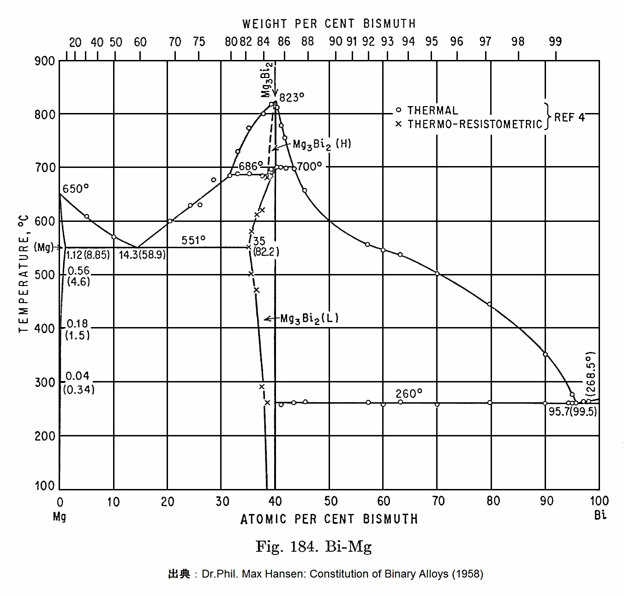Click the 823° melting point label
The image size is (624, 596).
pos(292,97)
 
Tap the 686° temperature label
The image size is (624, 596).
pos(251,166)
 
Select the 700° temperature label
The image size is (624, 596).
pos(309,166)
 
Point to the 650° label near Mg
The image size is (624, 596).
pos(76,189)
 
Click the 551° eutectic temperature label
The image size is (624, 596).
pos(193,240)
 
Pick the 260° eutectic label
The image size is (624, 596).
pos(409,394)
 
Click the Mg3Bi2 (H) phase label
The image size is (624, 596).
pos(322,144)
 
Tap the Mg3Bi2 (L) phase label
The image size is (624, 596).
pos(309,318)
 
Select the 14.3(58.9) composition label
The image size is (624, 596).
pos(142,255)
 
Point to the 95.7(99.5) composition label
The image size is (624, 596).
pos(572,411)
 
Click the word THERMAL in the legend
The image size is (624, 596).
pos(432,111)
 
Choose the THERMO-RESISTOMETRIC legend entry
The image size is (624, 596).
pos(474,124)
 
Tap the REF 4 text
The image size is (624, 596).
pos(569,117)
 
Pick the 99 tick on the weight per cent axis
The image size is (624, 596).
pos(555,42)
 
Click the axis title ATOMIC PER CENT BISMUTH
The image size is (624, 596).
pos(329,519)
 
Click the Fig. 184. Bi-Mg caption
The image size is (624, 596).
pos(313,547)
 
